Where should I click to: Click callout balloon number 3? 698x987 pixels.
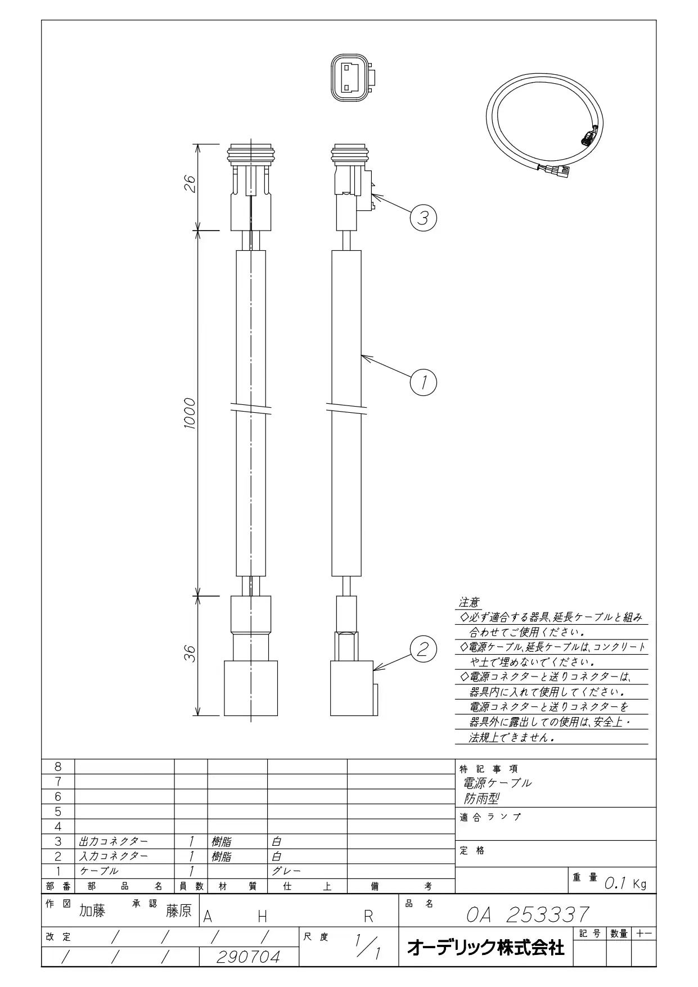click(x=423, y=217)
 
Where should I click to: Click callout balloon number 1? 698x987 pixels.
click(x=424, y=382)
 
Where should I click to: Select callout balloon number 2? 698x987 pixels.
click(x=423, y=650)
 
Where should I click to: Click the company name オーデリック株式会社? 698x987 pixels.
click(x=485, y=948)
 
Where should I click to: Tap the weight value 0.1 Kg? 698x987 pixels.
click(x=625, y=884)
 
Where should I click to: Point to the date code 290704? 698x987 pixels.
click(x=248, y=957)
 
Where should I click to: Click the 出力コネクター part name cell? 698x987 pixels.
click(x=114, y=841)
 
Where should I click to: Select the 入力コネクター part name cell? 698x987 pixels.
click(x=114, y=856)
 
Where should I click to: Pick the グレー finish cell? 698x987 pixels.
click(x=286, y=871)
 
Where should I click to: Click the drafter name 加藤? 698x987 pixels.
click(x=92, y=911)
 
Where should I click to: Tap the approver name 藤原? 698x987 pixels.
click(x=179, y=911)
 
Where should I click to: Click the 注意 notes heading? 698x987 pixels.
click(x=469, y=602)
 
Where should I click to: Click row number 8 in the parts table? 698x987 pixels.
click(x=58, y=767)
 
